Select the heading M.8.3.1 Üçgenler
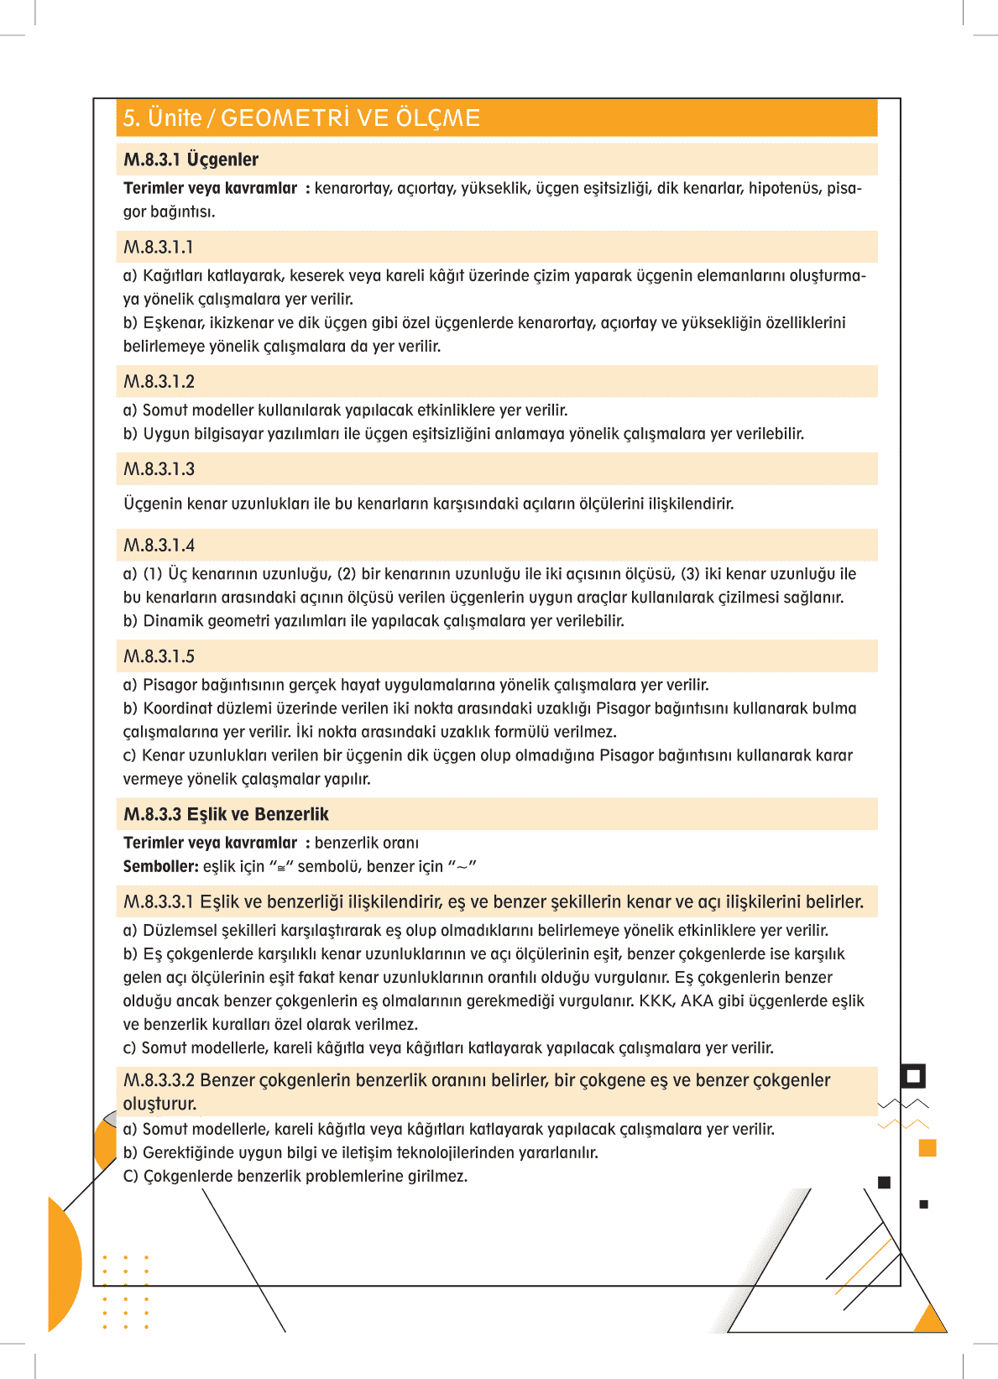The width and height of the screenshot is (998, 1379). click(x=191, y=159)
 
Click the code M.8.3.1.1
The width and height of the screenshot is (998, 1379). click(x=159, y=248)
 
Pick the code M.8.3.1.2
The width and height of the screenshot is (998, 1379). click(x=159, y=382)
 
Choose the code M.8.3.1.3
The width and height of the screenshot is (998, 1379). click(x=159, y=469)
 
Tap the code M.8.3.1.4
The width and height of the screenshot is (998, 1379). click(x=159, y=546)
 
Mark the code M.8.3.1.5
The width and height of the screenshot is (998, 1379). click(x=159, y=656)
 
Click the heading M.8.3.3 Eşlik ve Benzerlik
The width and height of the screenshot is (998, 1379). click(x=226, y=814)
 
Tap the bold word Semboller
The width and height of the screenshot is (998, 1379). click(x=160, y=866)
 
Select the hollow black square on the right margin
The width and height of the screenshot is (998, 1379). click(x=913, y=1076)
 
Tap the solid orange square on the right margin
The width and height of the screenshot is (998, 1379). click(x=927, y=1147)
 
